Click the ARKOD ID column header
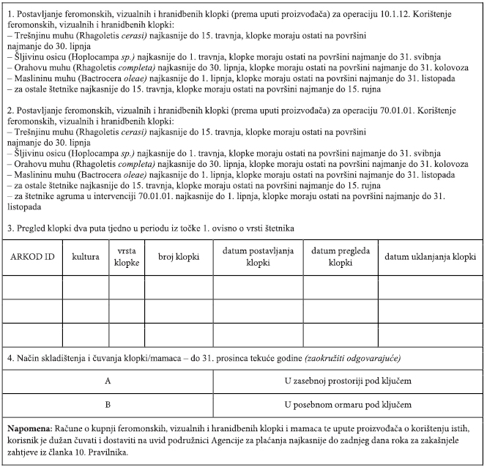[x=32, y=258]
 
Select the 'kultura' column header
[x=86, y=258]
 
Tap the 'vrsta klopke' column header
[x=126, y=258]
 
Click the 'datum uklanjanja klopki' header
[x=431, y=258]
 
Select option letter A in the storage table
[x=108, y=382]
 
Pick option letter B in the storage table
[x=108, y=404]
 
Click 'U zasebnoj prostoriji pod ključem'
[x=347, y=382]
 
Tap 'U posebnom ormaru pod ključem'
[x=347, y=404]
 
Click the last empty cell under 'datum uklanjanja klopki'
[x=431, y=334]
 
